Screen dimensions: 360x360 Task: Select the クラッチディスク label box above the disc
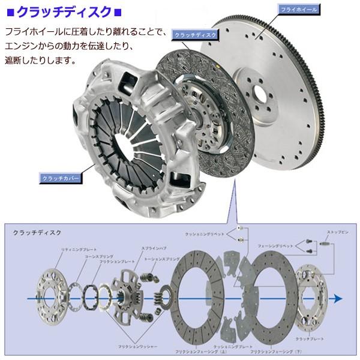191,35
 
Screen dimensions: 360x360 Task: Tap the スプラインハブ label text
136,248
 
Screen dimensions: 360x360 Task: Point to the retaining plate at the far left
52,293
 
